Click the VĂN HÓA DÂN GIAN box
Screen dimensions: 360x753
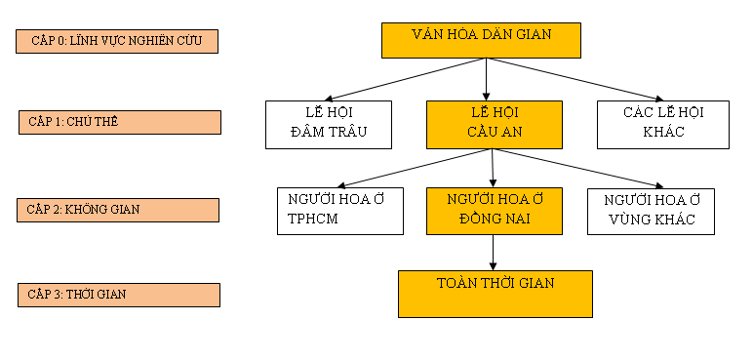481,39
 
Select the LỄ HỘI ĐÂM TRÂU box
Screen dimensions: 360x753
329,124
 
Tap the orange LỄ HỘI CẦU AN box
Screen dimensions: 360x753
495,124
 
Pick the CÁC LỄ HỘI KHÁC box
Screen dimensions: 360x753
663,124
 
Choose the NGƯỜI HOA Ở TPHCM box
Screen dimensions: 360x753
339,211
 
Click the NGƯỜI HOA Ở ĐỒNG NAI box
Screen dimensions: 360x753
495,211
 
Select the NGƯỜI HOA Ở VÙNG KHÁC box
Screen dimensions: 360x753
651,211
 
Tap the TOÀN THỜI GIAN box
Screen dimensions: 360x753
495,293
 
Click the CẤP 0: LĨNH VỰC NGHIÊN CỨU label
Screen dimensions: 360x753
117,41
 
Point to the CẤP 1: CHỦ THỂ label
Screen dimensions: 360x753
119,122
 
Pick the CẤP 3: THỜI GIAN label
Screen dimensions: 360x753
119,295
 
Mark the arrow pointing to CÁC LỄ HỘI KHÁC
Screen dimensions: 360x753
571,79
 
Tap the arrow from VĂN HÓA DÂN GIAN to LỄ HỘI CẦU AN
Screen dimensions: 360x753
486,79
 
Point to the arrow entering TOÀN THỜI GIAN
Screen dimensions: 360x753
495,253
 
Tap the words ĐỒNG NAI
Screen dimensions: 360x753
495,220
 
